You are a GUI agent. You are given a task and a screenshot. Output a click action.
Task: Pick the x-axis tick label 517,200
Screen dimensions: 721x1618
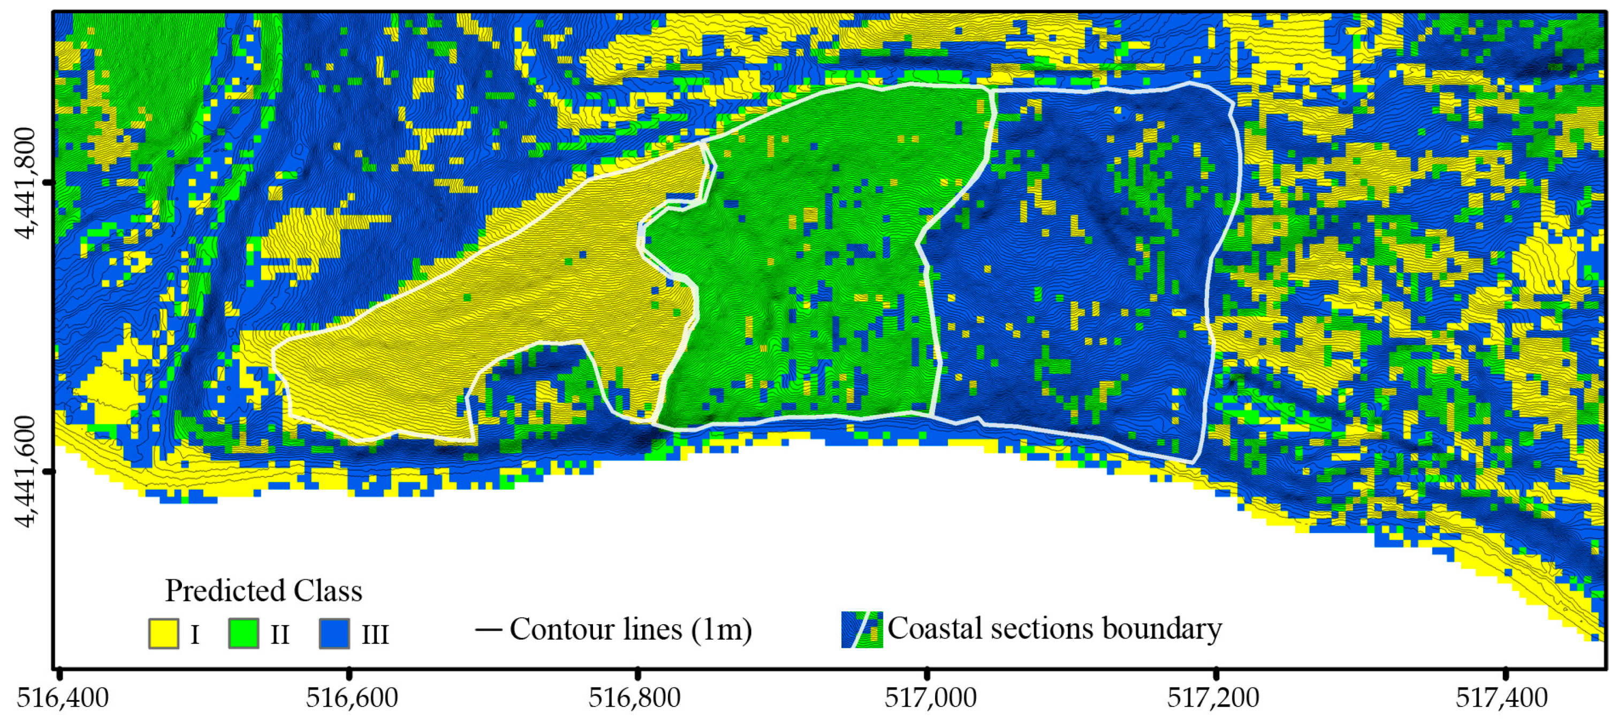click(x=1213, y=697)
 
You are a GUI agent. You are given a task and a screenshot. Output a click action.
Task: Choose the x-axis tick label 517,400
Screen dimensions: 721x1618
click(x=1502, y=697)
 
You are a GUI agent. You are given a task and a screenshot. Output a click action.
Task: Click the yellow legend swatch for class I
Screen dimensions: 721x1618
click(x=163, y=633)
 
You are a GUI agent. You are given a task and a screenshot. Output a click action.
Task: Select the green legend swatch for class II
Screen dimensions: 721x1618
click(x=243, y=633)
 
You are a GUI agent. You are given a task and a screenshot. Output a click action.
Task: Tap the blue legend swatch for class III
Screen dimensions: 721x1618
click(x=334, y=633)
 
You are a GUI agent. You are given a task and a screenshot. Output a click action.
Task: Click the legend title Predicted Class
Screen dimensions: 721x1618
click(x=263, y=591)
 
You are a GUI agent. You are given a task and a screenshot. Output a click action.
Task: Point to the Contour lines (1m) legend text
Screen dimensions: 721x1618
click(x=631, y=629)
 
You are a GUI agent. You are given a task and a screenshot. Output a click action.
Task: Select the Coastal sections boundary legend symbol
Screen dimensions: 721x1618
click(x=862, y=629)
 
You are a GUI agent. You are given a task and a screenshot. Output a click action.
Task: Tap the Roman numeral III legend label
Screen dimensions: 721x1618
click(x=375, y=634)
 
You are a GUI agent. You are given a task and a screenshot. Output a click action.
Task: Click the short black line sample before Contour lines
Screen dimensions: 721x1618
click(x=489, y=629)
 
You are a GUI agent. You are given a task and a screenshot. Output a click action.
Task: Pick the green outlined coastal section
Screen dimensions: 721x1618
click(x=817, y=251)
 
